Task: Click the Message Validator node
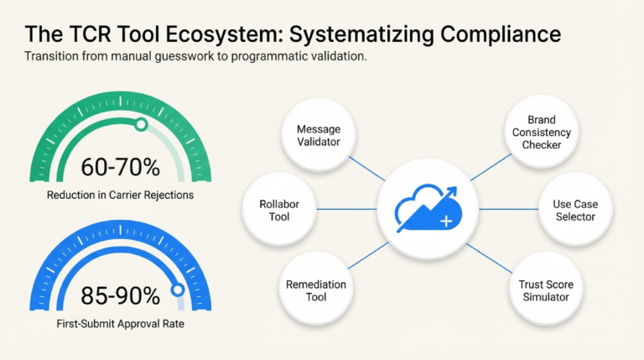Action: pyautogui.click(x=319, y=135)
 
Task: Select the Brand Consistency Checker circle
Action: pyautogui.click(x=542, y=132)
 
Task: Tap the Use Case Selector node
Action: pyautogui.click(x=575, y=210)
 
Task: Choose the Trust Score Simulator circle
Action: pyautogui.click(x=546, y=290)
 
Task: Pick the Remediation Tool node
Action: pyautogui.click(x=316, y=290)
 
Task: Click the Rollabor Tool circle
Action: pyautogui.click(x=279, y=210)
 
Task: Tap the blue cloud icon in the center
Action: pyautogui.click(x=428, y=209)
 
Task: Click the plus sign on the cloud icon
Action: pyautogui.click(x=446, y=222)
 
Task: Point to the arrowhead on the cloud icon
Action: pyautogui.click(x=451, y=192)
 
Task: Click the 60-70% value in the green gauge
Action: pyautogui.click(x=121, y=167)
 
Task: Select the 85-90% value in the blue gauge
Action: pyautogui.click(x=121, y=295)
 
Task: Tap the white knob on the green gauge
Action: pyautogui.click(x=141, y=124)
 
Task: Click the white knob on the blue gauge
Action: pyautogui.click(x=178, y=290)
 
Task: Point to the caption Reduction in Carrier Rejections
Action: pyautogui.click(x=121, y=195)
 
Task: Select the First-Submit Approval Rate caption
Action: pyautogui.click(x=121, y=324)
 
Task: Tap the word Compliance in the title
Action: pyautogui.click(x=501, y=34)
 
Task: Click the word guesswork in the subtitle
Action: pyautogui.click(x=184, y=56)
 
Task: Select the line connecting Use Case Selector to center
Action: pyautogui.click(x=509, y=209)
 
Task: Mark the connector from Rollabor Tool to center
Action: pyautogui.click(x=346, y=209)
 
